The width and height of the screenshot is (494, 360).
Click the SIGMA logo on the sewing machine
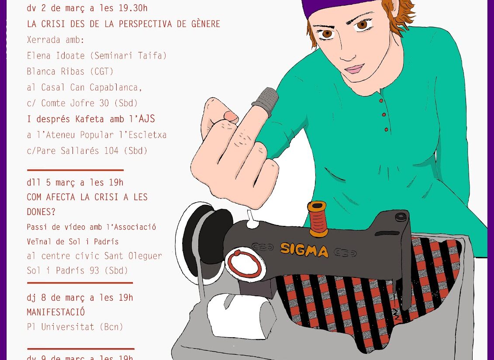click(304, 249)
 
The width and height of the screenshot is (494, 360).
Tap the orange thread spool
click(318, 219)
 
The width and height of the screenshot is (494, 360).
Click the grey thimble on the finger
click(266, 101)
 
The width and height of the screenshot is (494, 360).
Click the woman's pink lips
click(354, 69)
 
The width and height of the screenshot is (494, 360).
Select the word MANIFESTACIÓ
click(56, 312)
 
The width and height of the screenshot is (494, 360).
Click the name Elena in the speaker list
click(39, 56)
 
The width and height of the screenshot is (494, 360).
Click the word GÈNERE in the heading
click(206, 24)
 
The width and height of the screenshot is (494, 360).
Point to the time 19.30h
click(133, 8)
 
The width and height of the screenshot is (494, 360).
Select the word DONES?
click(41, 212)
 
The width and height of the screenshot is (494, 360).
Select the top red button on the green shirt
click(381, 100)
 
